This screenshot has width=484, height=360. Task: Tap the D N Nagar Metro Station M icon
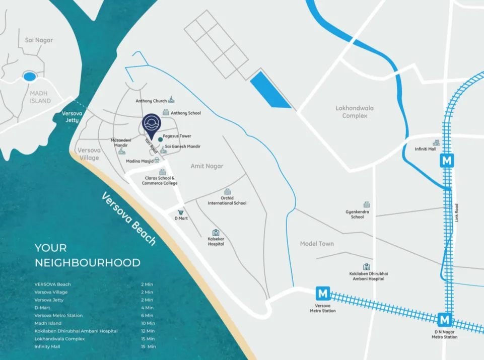(445, 320)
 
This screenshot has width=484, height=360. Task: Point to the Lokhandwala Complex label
(355, 112)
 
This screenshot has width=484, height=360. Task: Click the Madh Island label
(40, 97)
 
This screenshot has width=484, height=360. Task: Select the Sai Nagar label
(39, 40)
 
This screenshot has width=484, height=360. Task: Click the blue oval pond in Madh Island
(30, 77)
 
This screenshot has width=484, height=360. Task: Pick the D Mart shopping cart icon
(180, 212)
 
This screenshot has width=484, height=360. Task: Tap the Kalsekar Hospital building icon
(216, 233)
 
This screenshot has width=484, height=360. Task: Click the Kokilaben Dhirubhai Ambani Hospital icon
(367, 267)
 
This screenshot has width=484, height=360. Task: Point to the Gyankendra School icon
(367, 205)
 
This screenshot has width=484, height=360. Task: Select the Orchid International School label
(227, 200)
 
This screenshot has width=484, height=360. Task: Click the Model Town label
(317, 244)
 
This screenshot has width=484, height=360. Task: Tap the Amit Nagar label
(206, 166)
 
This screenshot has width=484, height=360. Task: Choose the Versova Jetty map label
(71, 117)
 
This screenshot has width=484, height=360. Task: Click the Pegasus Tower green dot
(160, 138)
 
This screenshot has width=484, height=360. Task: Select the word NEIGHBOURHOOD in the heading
(87, 262)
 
